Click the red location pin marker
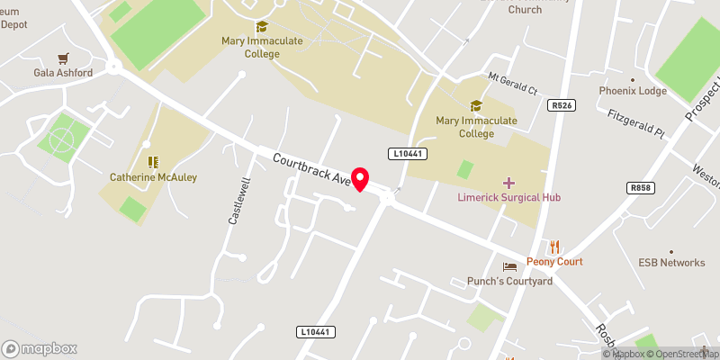click(x=360, y=179)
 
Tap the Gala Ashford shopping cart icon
click(x=63, y=58)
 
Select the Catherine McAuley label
click(x=153, y=177)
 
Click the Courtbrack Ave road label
click(x=311, y=168)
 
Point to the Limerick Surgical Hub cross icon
click(x=509, y=183)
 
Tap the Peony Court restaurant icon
click(x=555, y=247)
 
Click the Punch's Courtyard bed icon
click(x=510, y=266)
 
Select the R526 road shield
click(x=562, y=105)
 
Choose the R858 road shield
click(x=641, y=187)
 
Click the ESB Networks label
click(x=671, y=263)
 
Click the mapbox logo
click(x=40, y=348)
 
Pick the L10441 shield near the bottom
click(x=316, y=332)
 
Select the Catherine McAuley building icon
click(x=153, y=162)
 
